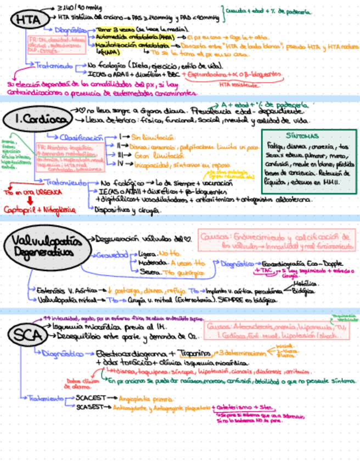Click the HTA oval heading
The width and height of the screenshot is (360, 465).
coord(27,20)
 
